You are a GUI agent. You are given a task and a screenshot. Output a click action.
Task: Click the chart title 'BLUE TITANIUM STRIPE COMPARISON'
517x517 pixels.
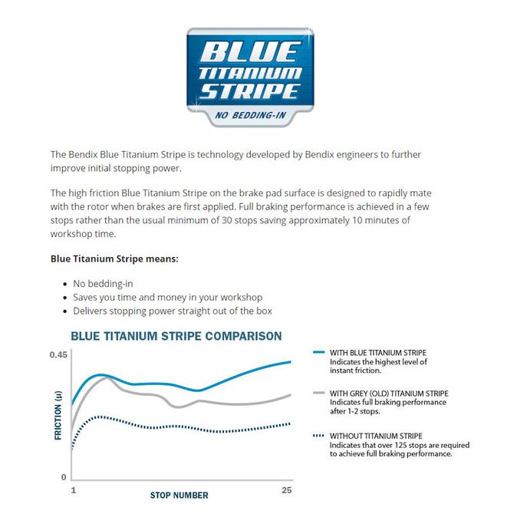click(176, 336)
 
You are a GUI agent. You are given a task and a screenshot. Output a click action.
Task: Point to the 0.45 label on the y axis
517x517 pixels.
click(59, 354)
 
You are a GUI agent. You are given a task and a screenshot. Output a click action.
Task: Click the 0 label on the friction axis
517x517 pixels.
click(64, 477)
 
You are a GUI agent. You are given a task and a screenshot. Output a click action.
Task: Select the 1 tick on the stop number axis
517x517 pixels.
click(73, 490)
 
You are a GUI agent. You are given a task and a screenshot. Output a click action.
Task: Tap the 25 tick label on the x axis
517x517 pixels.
click(287, 490)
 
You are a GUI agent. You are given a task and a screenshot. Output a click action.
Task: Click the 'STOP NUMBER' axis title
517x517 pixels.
click(179, 496)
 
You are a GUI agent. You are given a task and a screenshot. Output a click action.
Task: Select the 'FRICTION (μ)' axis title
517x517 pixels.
click(58, 415)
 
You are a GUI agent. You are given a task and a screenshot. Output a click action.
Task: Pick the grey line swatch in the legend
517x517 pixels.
click(319, 394)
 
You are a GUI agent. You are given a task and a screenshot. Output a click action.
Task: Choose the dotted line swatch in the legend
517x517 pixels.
click(319, 436)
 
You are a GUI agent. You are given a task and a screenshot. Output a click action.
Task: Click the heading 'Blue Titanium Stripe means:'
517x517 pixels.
click(114, 258)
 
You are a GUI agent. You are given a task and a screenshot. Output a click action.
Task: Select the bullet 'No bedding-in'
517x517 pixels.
click(103, 283)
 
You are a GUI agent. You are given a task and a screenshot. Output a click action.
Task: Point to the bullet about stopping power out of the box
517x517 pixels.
click(173, 311)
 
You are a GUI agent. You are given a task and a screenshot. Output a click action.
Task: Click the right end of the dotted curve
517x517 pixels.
click(291, 423)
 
